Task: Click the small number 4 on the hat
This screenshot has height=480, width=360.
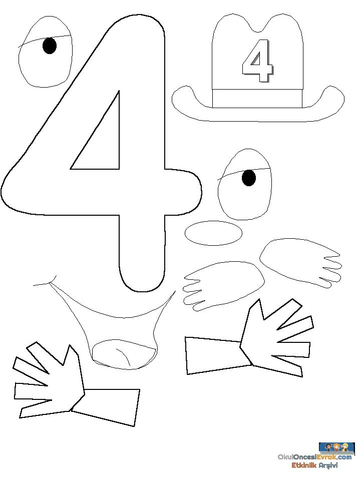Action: pos(257,61)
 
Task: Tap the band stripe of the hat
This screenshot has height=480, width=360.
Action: pos(257,98)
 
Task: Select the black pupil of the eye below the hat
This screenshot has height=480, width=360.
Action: pos(248,178)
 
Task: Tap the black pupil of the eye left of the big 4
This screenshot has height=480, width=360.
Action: pos(50,46)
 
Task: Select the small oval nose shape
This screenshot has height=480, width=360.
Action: pos(213,233)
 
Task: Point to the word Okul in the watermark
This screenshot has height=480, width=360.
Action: pos(285,457)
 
